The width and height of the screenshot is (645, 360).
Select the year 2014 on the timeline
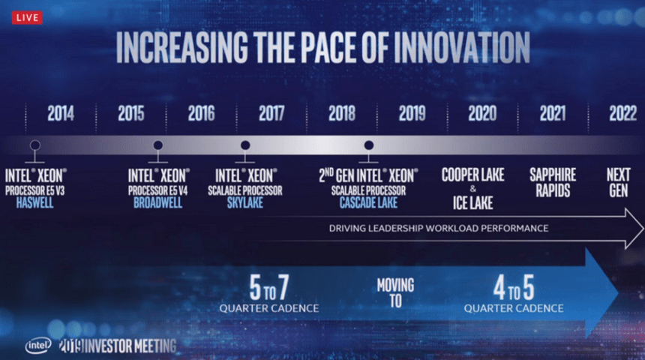pos(61,114)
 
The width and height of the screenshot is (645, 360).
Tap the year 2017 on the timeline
pos(271,114)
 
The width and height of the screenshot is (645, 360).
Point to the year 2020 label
pos(481,114)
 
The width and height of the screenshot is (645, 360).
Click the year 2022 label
pos(622,114)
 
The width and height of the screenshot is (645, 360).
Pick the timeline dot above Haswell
pos(34,145)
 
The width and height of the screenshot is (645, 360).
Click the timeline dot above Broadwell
pos(157,145)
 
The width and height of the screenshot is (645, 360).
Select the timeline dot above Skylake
pos(244,145)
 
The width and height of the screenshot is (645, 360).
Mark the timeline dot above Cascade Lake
pos(368,145)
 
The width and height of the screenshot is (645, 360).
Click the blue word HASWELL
pos(36,202)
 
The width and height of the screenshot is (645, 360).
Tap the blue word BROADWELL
pos(157,202)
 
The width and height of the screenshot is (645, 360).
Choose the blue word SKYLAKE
pos(244,202)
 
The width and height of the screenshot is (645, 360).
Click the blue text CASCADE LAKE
pos(367,202)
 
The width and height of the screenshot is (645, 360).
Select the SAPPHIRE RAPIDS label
pos(553,182)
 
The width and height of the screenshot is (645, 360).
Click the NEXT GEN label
pos(618,182)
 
